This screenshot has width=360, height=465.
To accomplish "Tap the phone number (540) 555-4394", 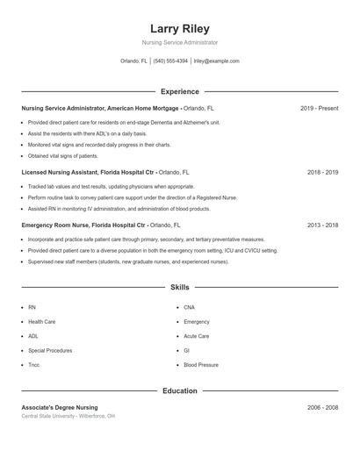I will [170, 61].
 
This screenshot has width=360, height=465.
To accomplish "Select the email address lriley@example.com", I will [216, 61].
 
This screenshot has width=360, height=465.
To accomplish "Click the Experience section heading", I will [179, 91].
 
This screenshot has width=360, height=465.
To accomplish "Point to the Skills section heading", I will [179, 287].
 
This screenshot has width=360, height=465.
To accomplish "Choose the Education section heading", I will [179, 390].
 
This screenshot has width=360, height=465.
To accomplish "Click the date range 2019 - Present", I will [319, 108].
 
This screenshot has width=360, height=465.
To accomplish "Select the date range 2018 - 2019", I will [322, 173].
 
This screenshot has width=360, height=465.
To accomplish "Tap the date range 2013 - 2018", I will [322, 225].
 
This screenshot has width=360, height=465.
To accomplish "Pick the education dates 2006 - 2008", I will [322, 407].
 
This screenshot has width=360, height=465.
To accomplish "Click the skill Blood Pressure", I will [201, 364].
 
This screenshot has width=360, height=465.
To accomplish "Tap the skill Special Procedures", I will [50, 350].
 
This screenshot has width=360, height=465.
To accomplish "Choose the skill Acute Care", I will [196, 336].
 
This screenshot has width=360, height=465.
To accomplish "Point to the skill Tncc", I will [33, 364].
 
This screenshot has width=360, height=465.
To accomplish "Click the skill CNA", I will [189, 308].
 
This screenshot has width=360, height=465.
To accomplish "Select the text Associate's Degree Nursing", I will [60, 407].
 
